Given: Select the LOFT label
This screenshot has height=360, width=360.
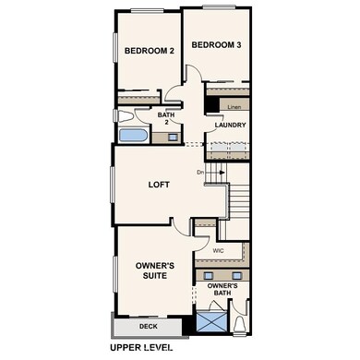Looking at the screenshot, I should pos(160,184).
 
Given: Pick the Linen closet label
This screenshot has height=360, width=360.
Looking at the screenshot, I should pos(235,106).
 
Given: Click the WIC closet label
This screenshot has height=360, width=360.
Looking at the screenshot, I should pos(219,250).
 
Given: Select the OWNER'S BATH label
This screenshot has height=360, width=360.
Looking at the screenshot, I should pos(223,291).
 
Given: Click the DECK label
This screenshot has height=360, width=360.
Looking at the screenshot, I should pos(148,327).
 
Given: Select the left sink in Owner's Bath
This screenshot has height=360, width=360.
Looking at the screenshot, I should pos(209,276).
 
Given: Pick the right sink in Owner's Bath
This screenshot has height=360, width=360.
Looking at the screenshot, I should pos(236,276).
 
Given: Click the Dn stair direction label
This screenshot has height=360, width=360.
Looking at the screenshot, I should pos(199,172).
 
